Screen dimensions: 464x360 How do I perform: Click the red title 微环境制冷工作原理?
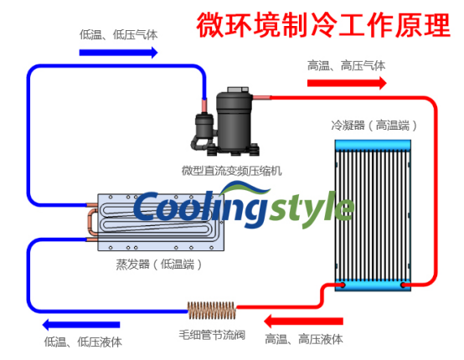point(323,25)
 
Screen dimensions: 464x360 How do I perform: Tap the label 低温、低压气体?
point(118,35)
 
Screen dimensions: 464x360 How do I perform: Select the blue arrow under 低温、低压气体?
point(118,53)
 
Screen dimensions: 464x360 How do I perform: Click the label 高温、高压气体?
point(346,65)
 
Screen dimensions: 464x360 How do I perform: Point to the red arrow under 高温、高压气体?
point(347,83)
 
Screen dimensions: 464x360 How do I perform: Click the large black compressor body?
point(234,120)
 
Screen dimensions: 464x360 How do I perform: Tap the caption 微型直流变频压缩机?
point(232,171)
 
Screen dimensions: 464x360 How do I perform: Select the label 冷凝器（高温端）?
point(374,126)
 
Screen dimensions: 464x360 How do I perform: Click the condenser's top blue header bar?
point(373,145)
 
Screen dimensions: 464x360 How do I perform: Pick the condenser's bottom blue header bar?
point(373,285)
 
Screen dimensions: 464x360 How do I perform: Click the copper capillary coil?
point(212,310)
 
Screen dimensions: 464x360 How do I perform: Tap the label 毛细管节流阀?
point(212,335)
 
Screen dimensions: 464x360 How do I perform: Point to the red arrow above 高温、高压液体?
point(303,321)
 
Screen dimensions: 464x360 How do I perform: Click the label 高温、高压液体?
point(304,339)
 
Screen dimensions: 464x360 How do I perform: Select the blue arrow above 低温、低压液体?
point(81,325)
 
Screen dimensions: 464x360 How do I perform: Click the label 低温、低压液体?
point(83,342)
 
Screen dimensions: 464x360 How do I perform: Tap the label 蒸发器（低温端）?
point(159,265)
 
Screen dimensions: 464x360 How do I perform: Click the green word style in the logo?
point(312,208)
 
